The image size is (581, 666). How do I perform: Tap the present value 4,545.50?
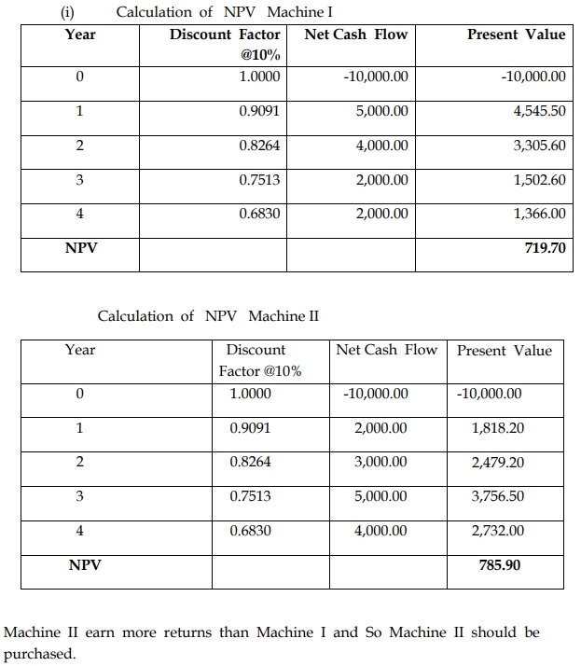pyautogui.click(x=539, y=110)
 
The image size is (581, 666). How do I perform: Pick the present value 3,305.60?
pyautogui.click(x=539, y=146)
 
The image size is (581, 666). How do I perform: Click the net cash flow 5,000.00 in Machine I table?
pyautogui.click(x=381, y=110)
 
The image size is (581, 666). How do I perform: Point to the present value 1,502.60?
pyautogui.click(x=539, y=179)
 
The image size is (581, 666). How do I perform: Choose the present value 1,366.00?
pyautogui.click(x=539, y=214)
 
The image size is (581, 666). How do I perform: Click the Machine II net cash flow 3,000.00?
pyautogui.click(x=380, y=463)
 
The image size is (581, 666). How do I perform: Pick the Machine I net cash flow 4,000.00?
pyautogui.click(x=381, y=146)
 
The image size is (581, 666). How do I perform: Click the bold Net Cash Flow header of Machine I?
pyautogui.click(x=356, y=35)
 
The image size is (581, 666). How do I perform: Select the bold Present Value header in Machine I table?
pyautogui.click(x=516, y=35)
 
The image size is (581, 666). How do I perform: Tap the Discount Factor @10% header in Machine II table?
pyautogui.click(x=260, y=360)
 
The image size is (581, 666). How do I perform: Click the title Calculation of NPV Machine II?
pyautogui.click(x=208, y=315)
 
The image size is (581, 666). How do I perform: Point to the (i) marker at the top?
pyautogui.click(x=66, y=12)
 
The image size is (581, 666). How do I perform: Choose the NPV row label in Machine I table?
pyautogui.click(x=80, y=249)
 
